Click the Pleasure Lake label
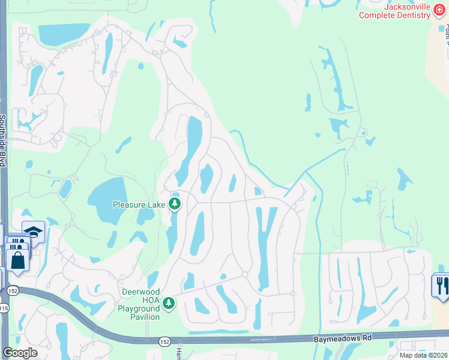pyautogui.click(x=139, y=205)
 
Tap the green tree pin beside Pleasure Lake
pyautogui.click(x=175, y=204)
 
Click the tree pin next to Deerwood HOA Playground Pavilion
pyautogui.click(x=170, y=304)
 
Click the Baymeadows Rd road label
pyautogui.click(x=343, y=338)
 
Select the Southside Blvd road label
pyautogui.click(x=4, y=142)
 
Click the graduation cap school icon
pyautogui.click(x=33, y=232)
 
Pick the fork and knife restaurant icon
pyautogui.click(x=442, y=284)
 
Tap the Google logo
pyautogui.click(x=20, y=353)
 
